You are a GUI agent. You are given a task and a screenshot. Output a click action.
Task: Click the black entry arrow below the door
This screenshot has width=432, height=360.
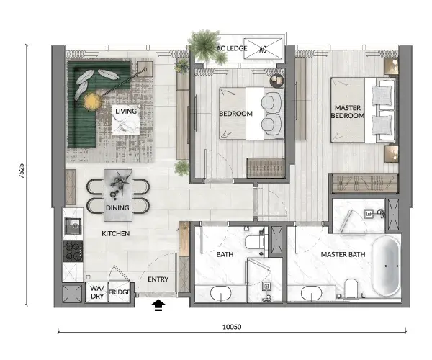(158, 305)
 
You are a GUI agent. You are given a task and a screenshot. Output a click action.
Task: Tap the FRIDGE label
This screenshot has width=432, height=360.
(119, 292)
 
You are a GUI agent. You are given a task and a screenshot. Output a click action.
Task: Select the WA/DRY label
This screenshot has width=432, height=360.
(97, 292)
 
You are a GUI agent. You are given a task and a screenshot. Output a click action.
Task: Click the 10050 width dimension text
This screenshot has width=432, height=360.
(232, 327)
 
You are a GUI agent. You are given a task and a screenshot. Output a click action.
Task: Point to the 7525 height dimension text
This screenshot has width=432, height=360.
(21, 171)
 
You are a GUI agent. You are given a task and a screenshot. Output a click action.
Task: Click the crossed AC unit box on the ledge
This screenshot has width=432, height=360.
(263, 49)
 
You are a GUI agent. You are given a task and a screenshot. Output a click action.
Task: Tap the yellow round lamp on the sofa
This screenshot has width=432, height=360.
(92, 102)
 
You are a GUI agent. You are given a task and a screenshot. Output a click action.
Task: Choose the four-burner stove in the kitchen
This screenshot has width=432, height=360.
(73, 251)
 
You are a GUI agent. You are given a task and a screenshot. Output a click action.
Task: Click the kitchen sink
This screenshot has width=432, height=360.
(73, 226)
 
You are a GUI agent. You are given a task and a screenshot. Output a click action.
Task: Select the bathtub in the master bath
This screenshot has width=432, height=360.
(386, 266)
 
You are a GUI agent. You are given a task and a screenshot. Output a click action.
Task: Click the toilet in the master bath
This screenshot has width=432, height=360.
(351, 289)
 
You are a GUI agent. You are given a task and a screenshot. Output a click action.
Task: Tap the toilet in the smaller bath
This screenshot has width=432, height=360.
(255, 241)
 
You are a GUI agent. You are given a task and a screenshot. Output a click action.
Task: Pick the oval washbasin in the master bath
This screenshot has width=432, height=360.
(311, 294)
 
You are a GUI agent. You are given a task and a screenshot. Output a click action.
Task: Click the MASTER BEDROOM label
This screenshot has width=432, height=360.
(348, 112)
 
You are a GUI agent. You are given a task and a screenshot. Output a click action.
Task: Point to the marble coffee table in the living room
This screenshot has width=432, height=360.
(126, 120)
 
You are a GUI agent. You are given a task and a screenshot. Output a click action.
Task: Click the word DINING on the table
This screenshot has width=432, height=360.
(117, 207)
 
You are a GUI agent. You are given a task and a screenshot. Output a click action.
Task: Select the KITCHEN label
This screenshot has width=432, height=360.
(116, 233)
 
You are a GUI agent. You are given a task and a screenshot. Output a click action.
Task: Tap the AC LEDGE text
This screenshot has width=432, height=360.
(232, 48)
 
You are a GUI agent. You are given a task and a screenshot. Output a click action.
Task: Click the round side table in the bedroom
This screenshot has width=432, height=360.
(277, 81)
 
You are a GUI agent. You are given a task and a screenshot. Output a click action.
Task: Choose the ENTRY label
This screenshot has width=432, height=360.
(158, 279)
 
